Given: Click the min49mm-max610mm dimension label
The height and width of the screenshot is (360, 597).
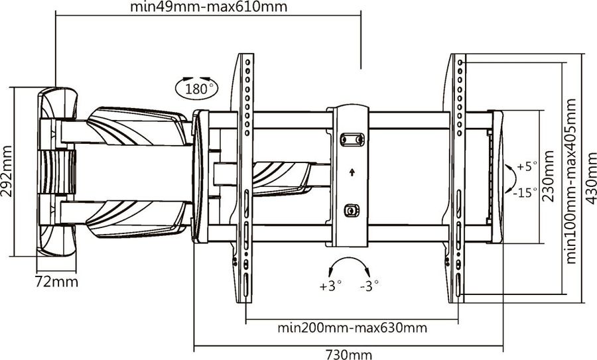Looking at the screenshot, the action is click(209, 7).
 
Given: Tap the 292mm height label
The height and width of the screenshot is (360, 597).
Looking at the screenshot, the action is click(7, 171).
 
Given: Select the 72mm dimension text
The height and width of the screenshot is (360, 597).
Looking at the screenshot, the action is click(56, 282).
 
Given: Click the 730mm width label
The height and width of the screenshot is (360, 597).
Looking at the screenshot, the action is click(349, 354).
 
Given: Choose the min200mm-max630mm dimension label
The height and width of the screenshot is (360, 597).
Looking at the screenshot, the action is click(352, 328).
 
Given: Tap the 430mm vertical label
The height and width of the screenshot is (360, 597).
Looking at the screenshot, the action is click(591, 178).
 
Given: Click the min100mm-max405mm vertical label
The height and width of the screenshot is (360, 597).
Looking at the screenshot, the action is click(571, 181).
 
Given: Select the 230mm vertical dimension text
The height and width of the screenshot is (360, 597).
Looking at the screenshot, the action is click(549, 176).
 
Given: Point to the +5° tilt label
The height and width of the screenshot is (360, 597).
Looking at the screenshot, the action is click(527, 166).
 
